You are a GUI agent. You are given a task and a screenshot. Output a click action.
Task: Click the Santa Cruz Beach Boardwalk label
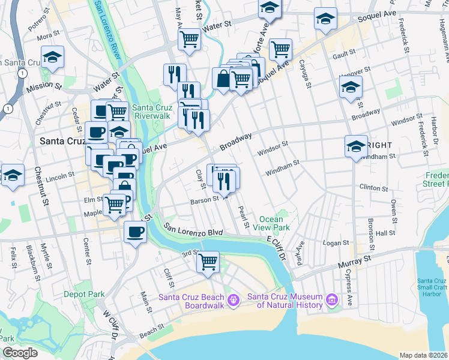[191, 301]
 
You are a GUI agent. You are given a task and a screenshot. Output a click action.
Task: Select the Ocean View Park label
[274, 223]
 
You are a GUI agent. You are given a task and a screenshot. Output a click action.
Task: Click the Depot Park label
[85, 294]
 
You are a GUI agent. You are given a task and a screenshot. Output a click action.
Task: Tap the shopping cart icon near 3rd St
[208, 262]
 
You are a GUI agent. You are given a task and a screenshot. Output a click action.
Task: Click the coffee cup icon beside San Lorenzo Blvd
[134, 232]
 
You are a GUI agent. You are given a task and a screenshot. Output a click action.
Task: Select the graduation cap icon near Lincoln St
[13, 176]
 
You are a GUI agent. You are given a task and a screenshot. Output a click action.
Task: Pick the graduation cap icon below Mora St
[52, 58]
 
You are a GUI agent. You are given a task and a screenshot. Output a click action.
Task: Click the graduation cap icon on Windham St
[356, 146]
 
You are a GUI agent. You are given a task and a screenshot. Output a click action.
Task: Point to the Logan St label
[336, 243]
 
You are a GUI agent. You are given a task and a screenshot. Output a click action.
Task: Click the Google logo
[20, 353]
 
